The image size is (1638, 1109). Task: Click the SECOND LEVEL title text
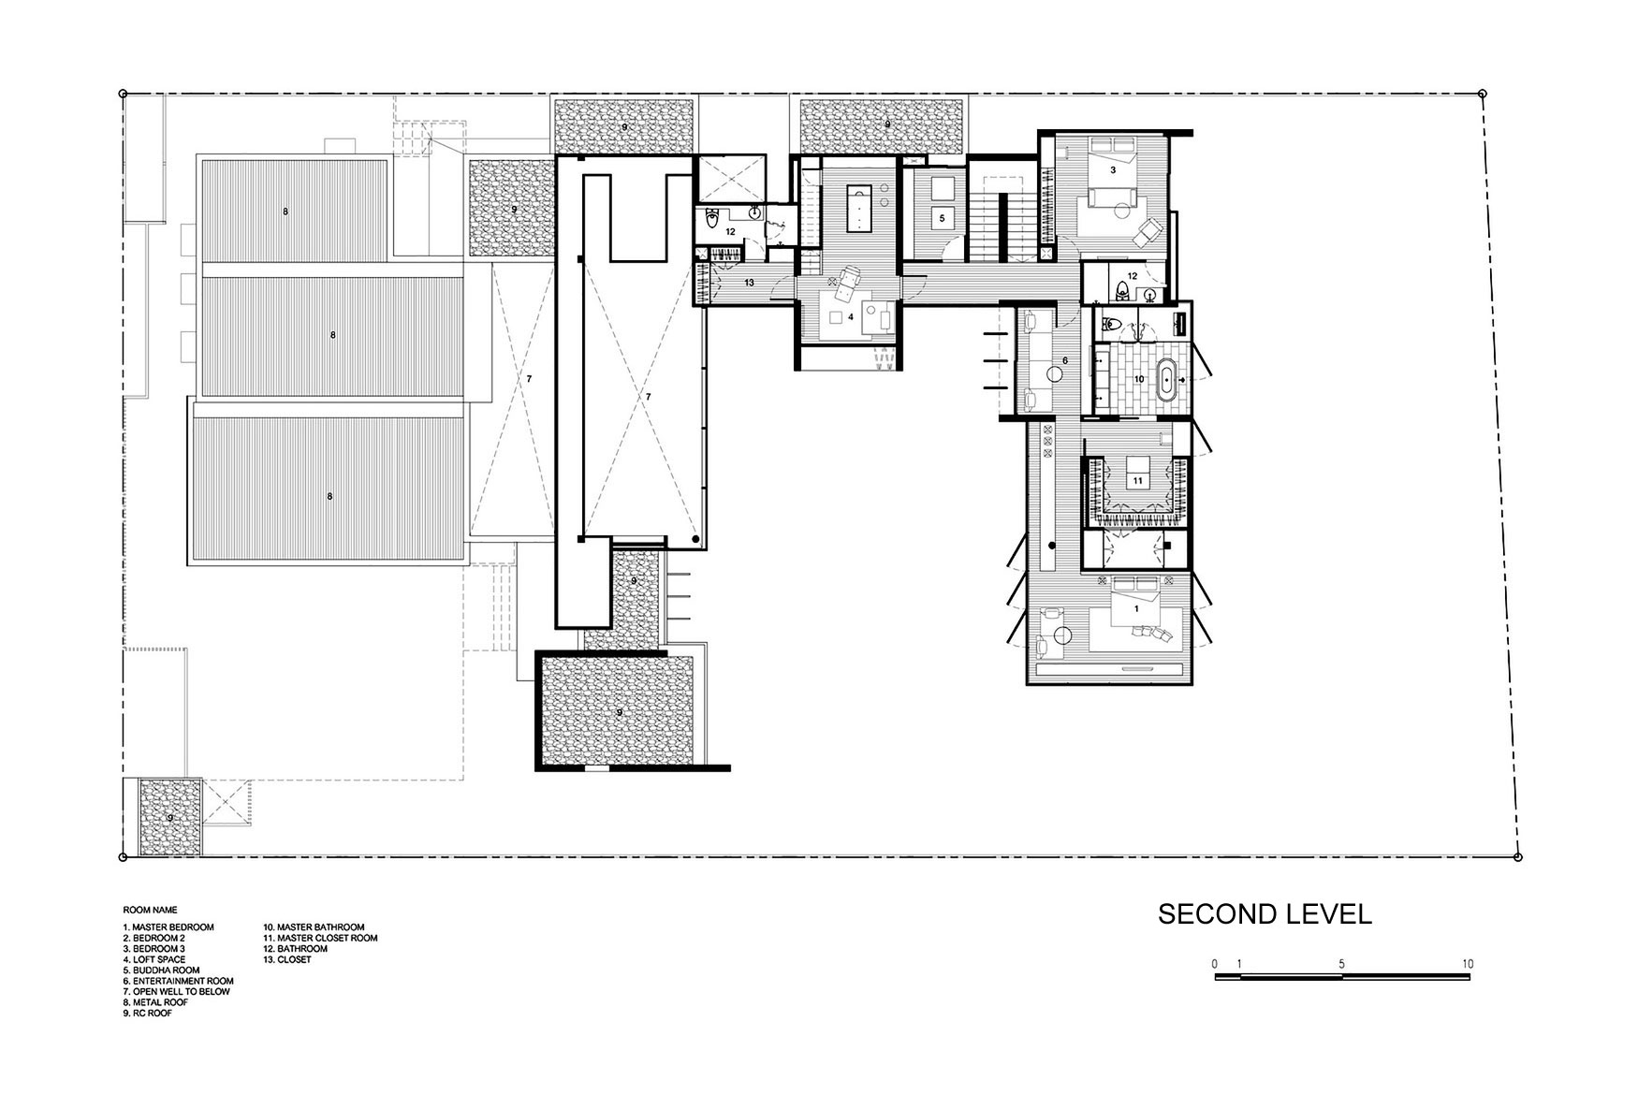[x=1265, y=914]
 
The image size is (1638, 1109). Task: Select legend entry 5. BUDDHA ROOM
[x=162, y=970]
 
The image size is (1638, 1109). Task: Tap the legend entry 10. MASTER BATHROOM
[x=314, y=927]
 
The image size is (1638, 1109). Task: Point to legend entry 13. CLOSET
[x=288, y=959]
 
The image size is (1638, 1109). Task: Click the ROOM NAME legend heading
[x=150, y=909]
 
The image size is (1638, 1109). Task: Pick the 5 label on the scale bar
[x=1342, y=964]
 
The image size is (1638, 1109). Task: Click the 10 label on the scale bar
[x=1468, y=964]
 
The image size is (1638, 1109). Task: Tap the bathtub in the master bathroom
[x=1167, y=380]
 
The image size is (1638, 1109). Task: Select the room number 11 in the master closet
[x=1137, y=480]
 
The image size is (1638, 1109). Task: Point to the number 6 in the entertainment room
[x=1064, y=360]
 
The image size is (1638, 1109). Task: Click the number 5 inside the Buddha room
[x=942, y=217]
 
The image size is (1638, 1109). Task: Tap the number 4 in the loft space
[x=851, y=317]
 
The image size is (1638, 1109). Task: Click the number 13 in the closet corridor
[x=749, y=282]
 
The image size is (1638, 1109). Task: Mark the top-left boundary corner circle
[x=123, y=94]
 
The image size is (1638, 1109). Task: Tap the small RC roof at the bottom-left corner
[x=169, y=816]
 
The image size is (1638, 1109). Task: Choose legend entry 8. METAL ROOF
[x=155, y=1002]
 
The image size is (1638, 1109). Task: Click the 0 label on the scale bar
[x=1214, y=964]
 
